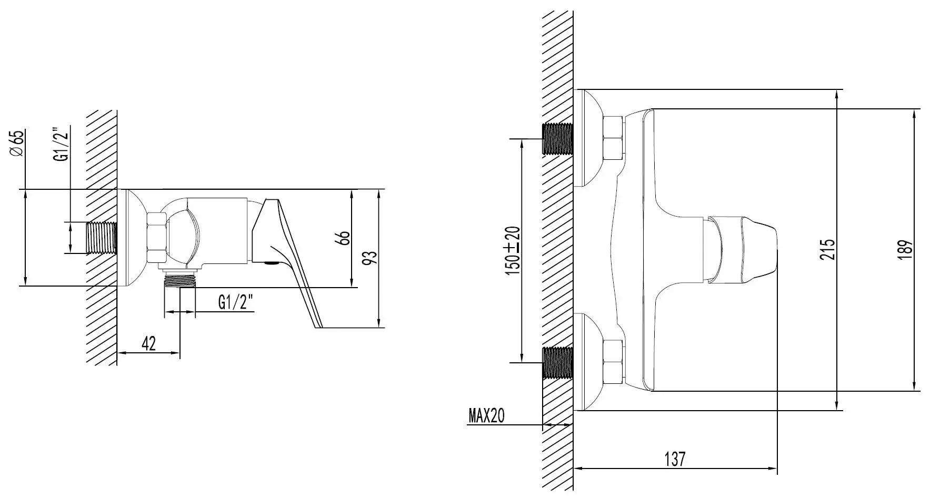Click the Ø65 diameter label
pos(17,143)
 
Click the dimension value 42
pos(149,343)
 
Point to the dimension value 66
pos(344,238)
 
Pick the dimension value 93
pos(371,258)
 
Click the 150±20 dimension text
pos(513,249)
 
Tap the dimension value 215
pos(828,249)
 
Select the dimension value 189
pos(906,250)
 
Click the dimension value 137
pos(675,459)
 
